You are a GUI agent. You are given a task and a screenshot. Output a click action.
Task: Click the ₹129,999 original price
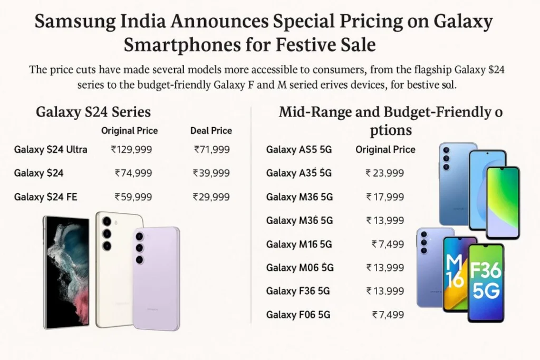[x=131, y=150]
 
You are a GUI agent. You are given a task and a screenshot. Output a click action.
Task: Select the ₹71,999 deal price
[x=212, y=150]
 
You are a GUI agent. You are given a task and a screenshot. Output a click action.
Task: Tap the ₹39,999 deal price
[x=211, y=173]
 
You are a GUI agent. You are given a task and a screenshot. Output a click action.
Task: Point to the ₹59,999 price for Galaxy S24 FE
[x=133, y=197]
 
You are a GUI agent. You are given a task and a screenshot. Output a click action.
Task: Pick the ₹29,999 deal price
[x=211, y=197]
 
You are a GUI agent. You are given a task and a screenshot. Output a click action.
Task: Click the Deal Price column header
[x=211, y=131]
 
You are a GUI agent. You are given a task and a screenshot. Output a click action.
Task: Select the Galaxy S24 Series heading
[x=93, y=112]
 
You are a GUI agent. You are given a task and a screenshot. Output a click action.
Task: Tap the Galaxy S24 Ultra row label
[x=51, y=150]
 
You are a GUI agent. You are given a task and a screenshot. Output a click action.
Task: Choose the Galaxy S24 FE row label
[x=46, y=197]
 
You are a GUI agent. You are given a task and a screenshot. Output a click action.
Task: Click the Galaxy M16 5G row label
[x=298, y=244]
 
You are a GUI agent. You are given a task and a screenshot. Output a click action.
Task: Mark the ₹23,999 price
[x=385, y=173]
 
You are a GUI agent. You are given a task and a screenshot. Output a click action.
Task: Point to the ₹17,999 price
[x=385, y=197]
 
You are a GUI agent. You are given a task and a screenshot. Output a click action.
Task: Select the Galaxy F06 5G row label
[x=298, y=315]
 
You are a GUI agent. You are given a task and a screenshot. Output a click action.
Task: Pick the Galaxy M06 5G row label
[x=300, y=268]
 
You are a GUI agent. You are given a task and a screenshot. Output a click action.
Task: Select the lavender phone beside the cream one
[x=156, y=278]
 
